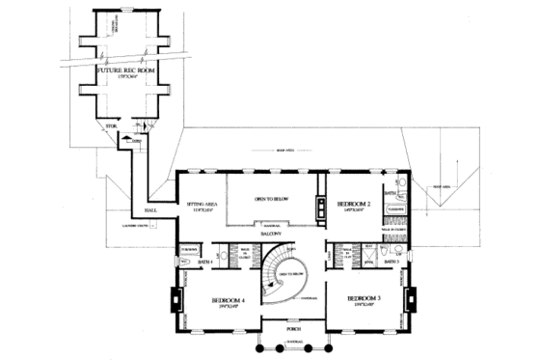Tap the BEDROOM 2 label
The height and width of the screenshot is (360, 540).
pyautogui.click(x=354, y=205)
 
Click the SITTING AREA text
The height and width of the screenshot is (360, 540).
pyautogui.click(x=199, y=205)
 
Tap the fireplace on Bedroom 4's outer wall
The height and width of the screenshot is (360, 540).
pyautogui.click(x=176, y=299)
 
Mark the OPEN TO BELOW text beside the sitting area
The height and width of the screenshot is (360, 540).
pyautogui.click(x=273, y=199)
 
